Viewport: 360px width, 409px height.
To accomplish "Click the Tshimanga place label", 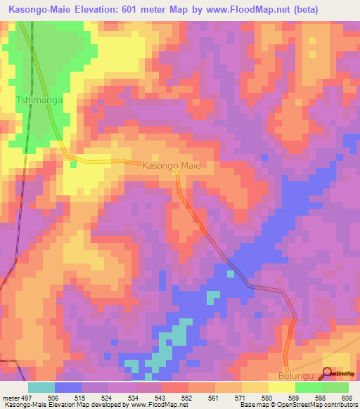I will [39, 101].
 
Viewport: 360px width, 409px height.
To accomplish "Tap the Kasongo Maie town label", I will [172, 167].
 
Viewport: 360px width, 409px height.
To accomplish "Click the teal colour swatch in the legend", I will [41, 387].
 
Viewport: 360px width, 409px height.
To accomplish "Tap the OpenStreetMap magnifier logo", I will [328, 373].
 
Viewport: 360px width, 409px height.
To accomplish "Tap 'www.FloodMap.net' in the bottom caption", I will [150, 405].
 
